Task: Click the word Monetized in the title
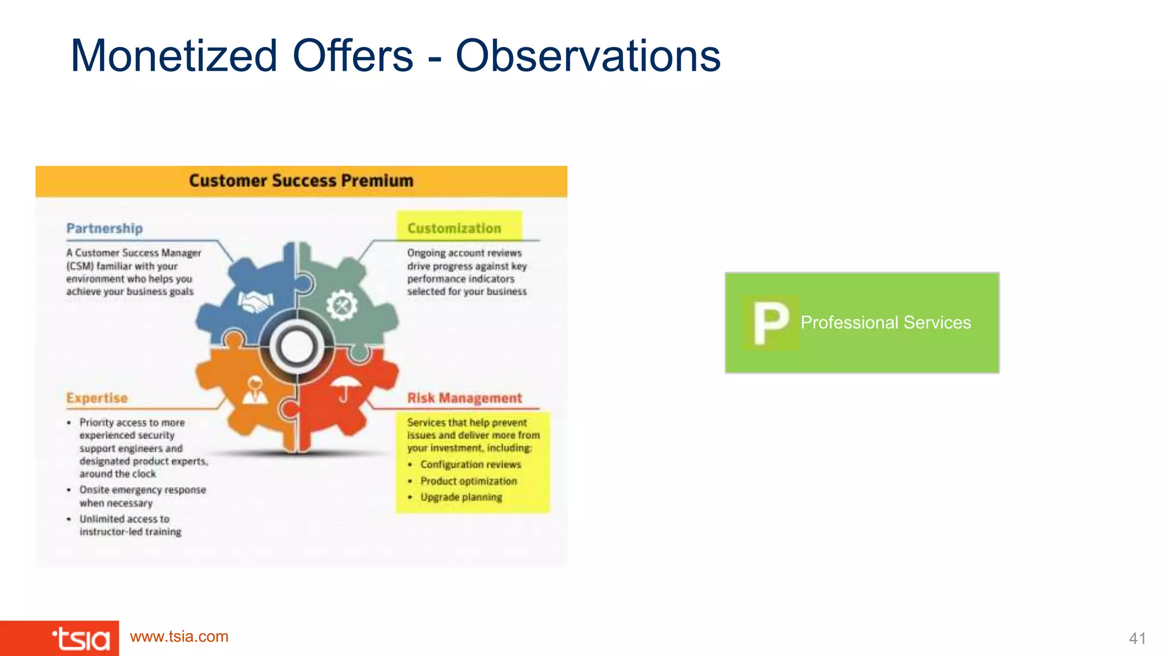(x=173, y=56)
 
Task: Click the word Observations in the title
(x=588, y=56)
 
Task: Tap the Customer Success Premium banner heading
(x=301, y=181)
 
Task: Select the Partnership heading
(x=105, y=228)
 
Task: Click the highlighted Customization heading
(x=454, y=228)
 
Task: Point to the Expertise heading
(x=97, y=398)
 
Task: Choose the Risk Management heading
(x=464, y=398)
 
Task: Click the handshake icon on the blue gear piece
(x=255, y=301)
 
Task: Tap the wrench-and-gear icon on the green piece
(x=341, y=305)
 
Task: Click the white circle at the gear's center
(x=296, y=347)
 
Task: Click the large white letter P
(x=770, y=323)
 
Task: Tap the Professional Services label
(x=885, y=323)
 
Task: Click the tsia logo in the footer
(x=81, y=639)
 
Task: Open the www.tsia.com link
(x=179, y=637)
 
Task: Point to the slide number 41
(x=1137, y=639)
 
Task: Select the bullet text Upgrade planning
(x=461, y=497)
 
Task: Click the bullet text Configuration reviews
(x=470, y=465)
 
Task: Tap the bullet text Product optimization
(x=469, y=481)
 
